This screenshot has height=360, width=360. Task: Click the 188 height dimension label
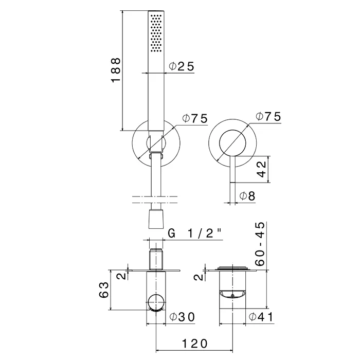116,70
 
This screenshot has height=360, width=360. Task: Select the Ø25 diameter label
182,66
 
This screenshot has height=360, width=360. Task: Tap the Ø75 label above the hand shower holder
195,118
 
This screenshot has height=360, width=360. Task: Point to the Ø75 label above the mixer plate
268,116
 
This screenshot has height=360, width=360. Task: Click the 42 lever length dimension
261,169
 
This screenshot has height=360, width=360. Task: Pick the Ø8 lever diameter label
247,196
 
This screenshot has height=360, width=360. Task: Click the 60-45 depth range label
260,244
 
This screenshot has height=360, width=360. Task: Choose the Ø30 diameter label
182,317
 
